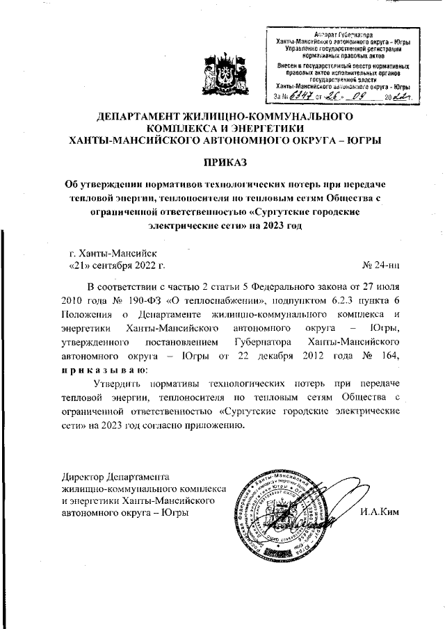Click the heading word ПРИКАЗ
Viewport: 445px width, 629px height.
tap(223, 163)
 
